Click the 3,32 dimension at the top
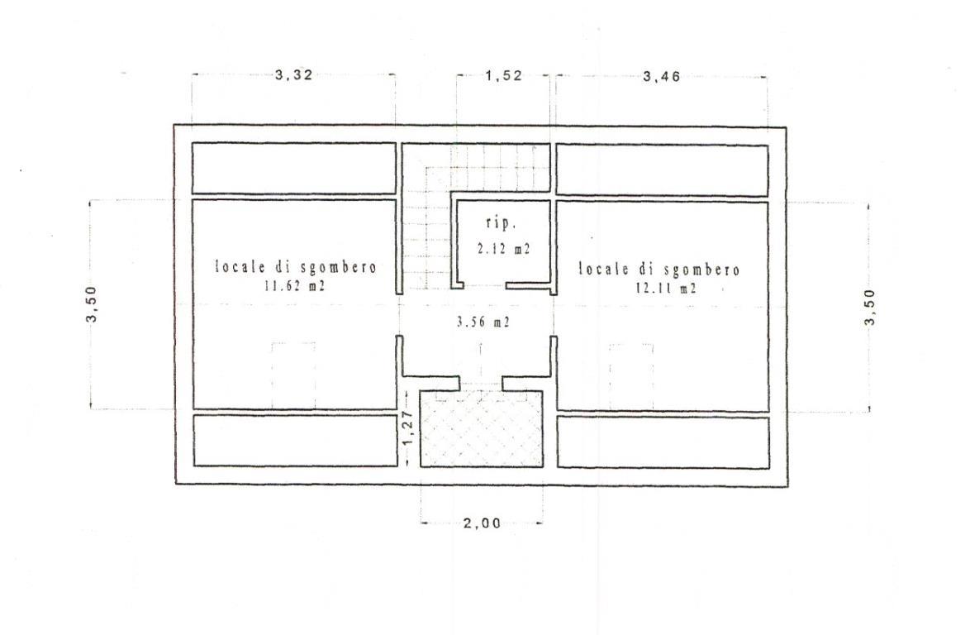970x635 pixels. (x=294, y=75)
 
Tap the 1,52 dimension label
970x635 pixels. (x=503, y=76)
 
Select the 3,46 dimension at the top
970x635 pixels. (x=661, y=77)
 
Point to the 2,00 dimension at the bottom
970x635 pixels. (x=482, y=523)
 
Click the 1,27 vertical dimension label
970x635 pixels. (x=407, y=427)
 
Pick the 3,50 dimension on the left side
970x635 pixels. (x=92, y=304)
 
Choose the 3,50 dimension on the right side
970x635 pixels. (x=870, y=307)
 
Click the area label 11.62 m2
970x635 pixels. (x=295, y=286)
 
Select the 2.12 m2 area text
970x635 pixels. (x=503, y=249)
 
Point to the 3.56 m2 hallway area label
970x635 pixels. (x=483, y=322)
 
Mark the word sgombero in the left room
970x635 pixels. (x=339, y=268)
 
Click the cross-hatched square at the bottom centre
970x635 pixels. (x=482, y=429)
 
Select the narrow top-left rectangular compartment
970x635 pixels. (x=294, y=169)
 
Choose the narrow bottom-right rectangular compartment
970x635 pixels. (x=663, y=442)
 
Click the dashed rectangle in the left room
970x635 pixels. (x=294, y=375)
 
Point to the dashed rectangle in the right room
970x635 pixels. (x=631, y=377)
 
